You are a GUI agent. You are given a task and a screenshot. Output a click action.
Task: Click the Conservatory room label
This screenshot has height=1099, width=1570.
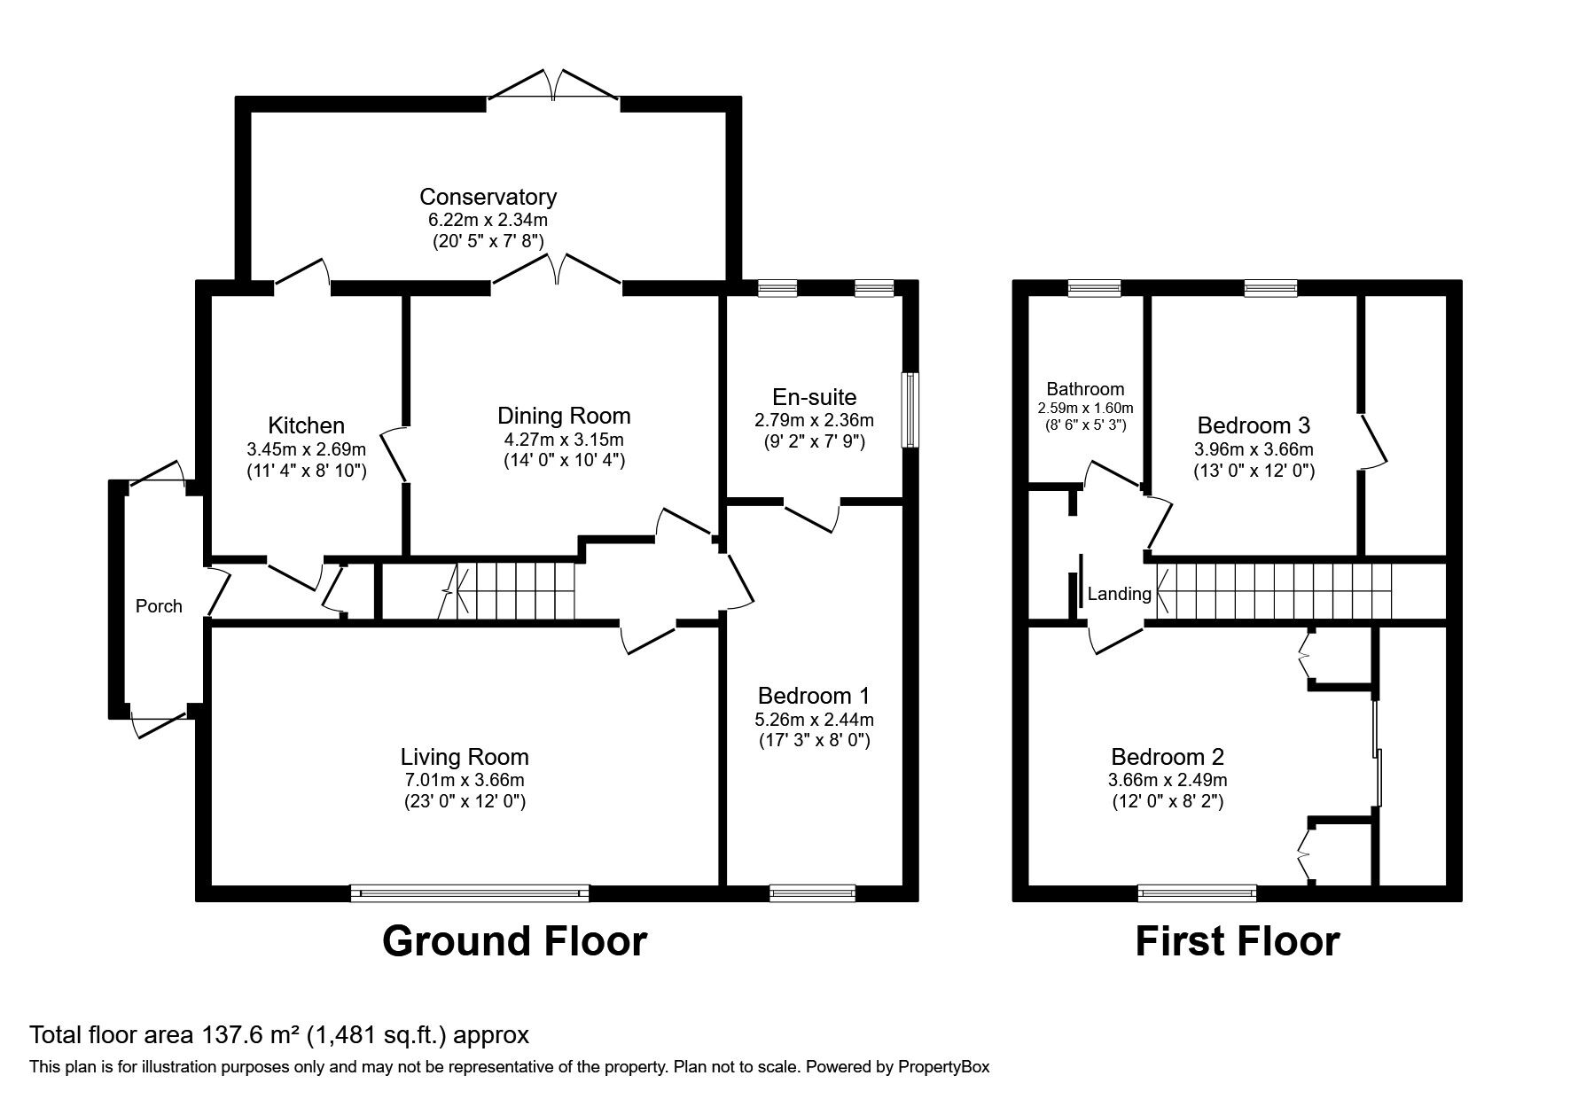(488, 197)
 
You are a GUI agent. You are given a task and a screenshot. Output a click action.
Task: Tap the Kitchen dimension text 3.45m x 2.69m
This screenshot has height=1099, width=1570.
(306, 448)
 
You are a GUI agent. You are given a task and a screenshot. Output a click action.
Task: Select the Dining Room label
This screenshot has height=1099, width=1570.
(564, 416)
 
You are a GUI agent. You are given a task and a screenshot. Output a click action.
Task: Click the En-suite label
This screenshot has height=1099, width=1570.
(814, 397)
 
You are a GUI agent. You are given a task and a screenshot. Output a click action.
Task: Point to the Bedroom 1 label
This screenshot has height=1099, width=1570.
(814, 696)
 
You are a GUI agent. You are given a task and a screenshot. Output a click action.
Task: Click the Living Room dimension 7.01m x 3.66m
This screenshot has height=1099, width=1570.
(465, 780)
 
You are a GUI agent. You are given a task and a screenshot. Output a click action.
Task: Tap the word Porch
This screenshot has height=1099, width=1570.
(159, 606)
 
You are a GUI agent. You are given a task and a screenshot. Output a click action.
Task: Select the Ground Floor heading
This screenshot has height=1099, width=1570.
(514, 941)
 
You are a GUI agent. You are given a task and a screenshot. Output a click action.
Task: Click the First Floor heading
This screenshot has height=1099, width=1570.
(1237, 941)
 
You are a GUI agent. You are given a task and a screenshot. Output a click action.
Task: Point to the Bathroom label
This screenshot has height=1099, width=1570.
(1085, 388)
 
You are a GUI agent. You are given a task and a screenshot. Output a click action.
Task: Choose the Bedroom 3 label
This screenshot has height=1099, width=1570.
(1253, 425)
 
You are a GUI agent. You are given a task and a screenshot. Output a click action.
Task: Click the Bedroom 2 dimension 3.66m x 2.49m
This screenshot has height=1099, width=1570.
(1168, 780)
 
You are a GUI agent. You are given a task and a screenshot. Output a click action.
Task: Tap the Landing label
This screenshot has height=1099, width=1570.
(1119, 594)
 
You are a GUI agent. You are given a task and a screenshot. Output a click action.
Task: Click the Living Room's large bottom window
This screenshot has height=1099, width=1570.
(469, 892)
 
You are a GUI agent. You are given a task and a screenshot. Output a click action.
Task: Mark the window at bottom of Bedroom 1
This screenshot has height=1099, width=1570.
(812, 892)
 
